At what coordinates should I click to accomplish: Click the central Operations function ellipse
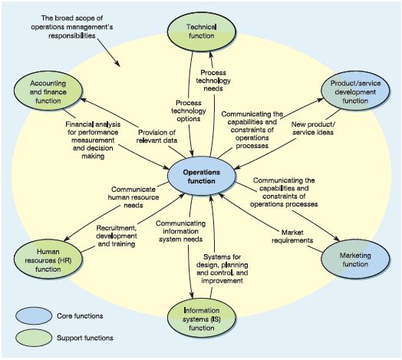[x=202, y=177]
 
